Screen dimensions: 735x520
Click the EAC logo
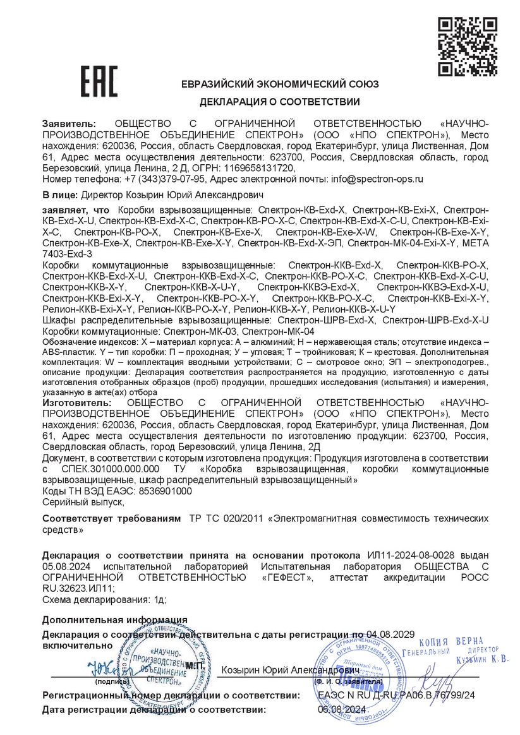[x=99, y=81]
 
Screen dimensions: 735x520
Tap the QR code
[x=468, y=47]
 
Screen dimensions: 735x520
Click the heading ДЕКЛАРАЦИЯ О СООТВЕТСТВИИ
[x=280, y=102]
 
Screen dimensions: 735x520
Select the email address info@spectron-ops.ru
[x=377, y=179]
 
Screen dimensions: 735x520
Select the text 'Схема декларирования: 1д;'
[x=104, y=600]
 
